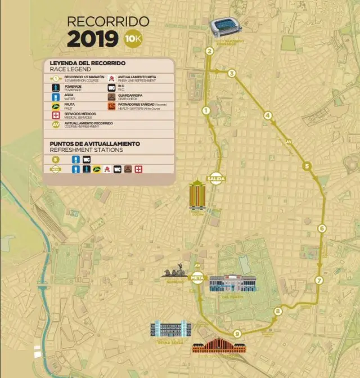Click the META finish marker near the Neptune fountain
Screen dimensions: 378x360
click(x=197, y=277)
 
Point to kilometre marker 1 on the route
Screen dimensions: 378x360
click(x=206, y=110)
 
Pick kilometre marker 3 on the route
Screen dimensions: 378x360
click(x=232, y=73)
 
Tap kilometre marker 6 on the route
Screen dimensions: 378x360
click(x=322, y=228)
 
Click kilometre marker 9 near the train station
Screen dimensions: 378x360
click(x=237, y=334)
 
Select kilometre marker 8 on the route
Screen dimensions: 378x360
click(x=277, y=311)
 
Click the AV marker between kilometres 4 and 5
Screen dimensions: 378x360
click(x=289, y=141)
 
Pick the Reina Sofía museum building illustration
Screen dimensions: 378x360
click(x=170, y=329)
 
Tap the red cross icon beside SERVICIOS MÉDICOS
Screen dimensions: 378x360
click(x=56, y=115)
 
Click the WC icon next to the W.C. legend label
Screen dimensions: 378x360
click(x=111, y=87)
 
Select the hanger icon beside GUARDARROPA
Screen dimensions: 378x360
click(x=111, y=96)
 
